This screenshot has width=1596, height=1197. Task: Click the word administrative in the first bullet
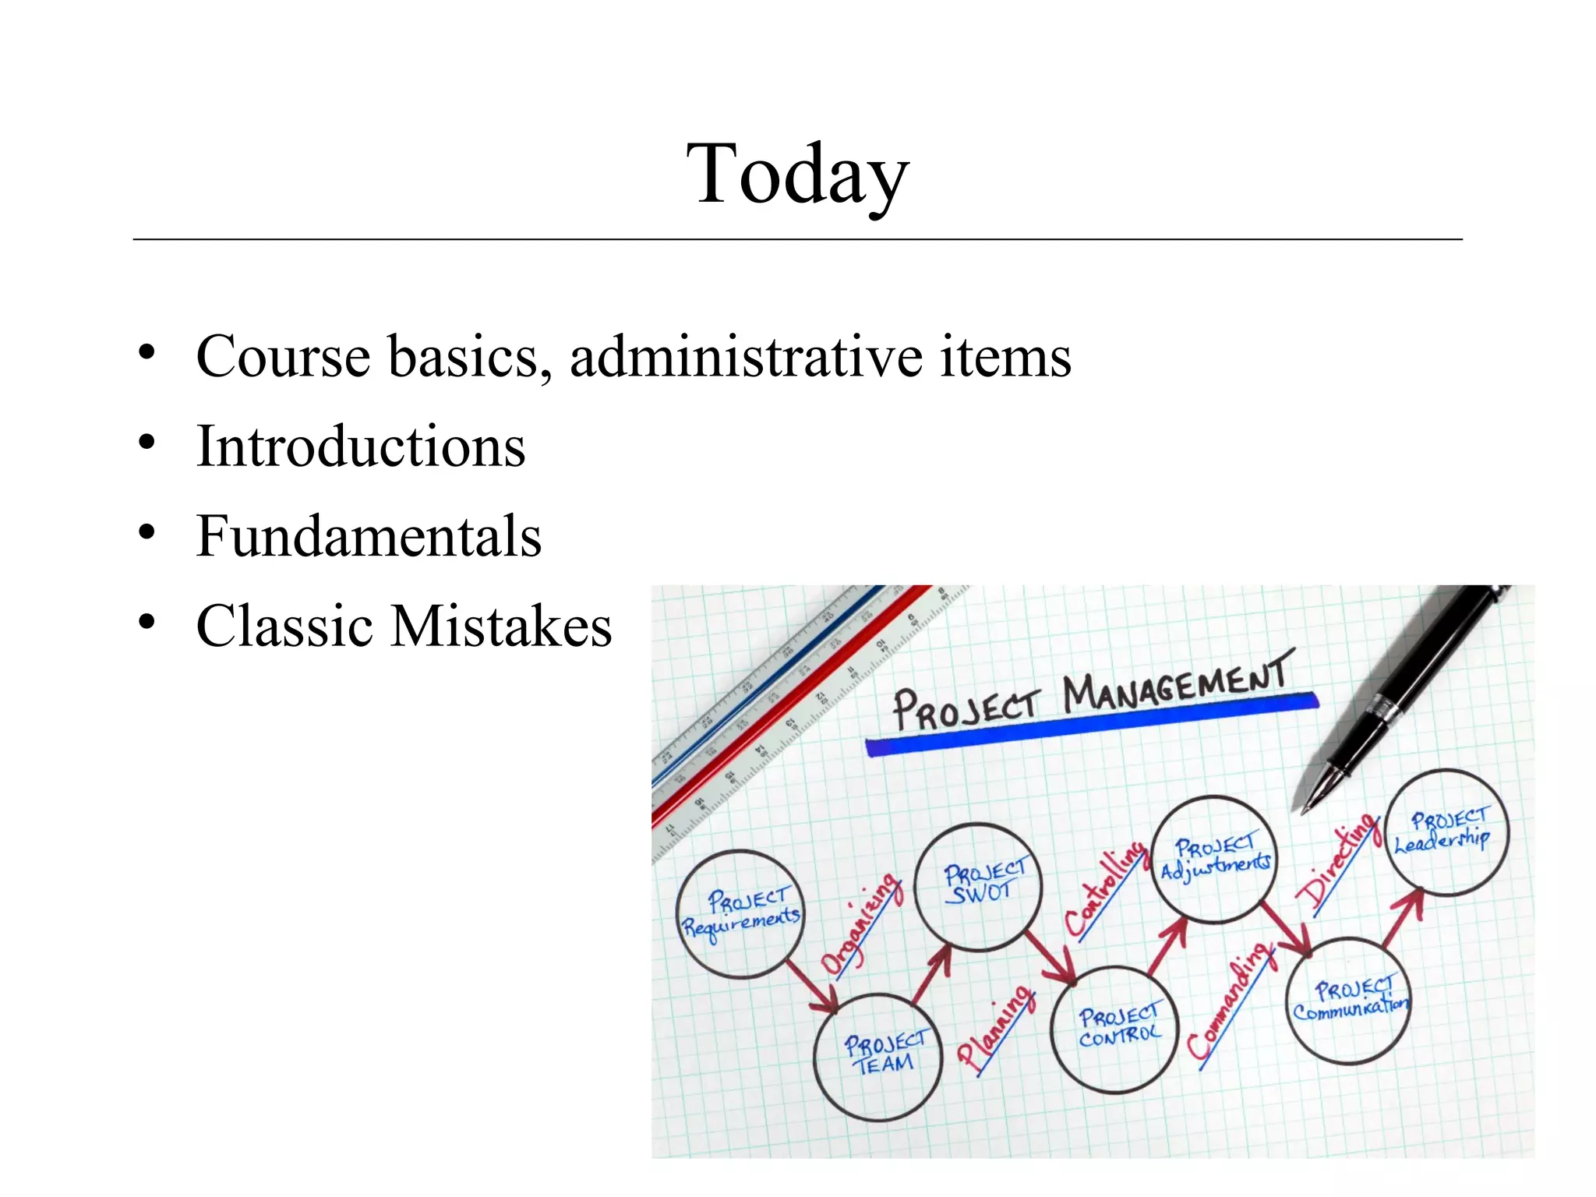click(746, 357)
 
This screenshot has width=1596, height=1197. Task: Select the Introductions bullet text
click(361, 447)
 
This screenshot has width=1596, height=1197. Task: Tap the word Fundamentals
click(369, 537)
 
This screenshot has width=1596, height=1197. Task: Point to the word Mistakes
click(501, 627)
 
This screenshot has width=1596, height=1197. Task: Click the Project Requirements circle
click(741, 913)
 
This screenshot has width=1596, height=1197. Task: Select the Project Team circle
click(878, 1056)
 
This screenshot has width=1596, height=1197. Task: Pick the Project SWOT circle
click(980, 886)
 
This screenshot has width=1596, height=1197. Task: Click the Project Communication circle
click(1349, 1001)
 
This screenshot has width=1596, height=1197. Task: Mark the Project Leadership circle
click(1446, 832)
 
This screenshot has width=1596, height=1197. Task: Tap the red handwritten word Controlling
click(1105, 888)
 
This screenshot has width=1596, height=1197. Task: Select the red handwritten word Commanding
click(1231, 1001)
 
